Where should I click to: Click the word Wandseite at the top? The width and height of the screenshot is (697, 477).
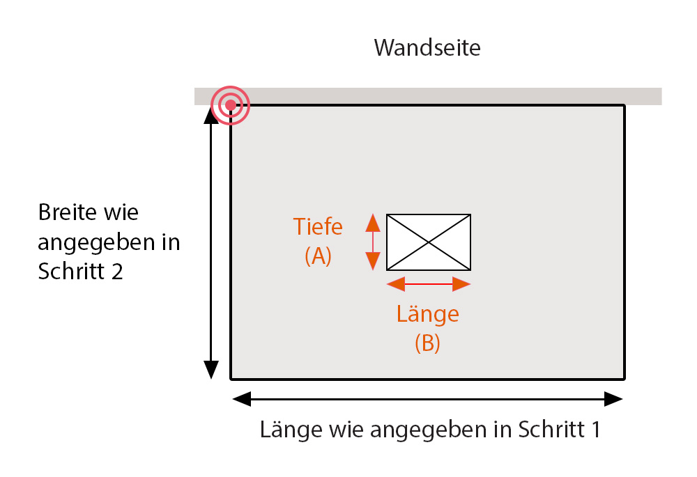pos(427,48)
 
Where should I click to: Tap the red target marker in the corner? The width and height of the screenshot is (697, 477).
pos(230,106)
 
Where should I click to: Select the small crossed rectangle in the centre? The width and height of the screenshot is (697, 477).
pos(429,242)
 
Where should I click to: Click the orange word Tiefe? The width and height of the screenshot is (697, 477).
pos(318,227)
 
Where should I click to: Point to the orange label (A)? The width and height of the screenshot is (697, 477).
pos(318,256)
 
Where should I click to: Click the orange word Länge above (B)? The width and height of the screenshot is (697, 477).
pos(427,314)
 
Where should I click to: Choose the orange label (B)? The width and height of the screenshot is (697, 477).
pos(427,343)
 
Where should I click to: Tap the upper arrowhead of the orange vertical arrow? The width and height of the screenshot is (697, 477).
pos(373,223)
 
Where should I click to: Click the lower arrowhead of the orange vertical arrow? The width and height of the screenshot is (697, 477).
pos(373,261)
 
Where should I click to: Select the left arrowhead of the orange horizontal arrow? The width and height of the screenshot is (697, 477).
pos(395,283)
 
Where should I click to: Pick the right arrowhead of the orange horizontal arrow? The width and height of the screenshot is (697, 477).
pos(461,283)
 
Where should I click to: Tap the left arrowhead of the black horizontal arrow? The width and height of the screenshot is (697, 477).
pos(241,399)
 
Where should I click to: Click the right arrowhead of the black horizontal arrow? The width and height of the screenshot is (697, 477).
pos(613,399)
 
